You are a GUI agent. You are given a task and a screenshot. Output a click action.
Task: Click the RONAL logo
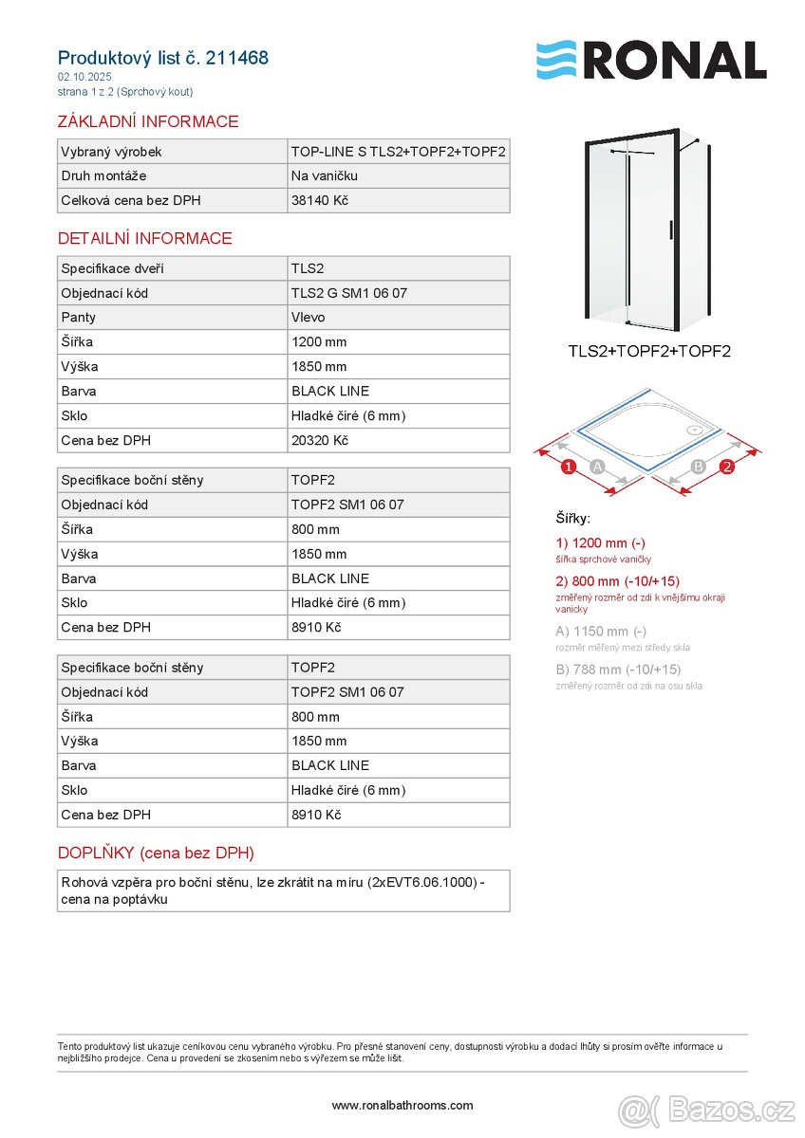651,60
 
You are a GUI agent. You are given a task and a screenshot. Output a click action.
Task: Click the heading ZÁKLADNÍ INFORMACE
148,121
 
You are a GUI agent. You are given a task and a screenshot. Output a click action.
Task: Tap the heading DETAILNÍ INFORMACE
145,238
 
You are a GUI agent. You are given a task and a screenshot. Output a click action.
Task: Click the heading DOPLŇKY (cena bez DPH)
156,853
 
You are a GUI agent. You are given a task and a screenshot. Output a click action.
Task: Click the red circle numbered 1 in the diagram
568,467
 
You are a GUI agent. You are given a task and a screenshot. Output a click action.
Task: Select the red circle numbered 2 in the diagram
727,467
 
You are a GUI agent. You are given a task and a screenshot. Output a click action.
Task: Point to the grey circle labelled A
597,467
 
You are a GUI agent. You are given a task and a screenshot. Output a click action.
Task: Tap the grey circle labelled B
698,467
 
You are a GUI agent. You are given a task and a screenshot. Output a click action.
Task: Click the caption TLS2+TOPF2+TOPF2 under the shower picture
649,352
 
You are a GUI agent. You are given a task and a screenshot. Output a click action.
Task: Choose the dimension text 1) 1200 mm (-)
601,543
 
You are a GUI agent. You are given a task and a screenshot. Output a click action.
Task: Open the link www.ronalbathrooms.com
402,1105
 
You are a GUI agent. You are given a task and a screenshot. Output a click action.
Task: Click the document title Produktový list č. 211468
163,58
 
